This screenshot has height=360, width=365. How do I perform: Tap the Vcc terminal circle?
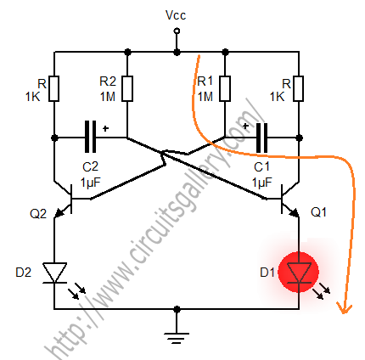click(x=177, y=31)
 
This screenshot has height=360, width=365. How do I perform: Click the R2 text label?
click(x=108, y=81)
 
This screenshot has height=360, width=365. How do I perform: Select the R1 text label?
click(x=205, y=81)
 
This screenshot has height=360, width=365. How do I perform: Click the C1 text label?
click(x=262, y=167)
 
